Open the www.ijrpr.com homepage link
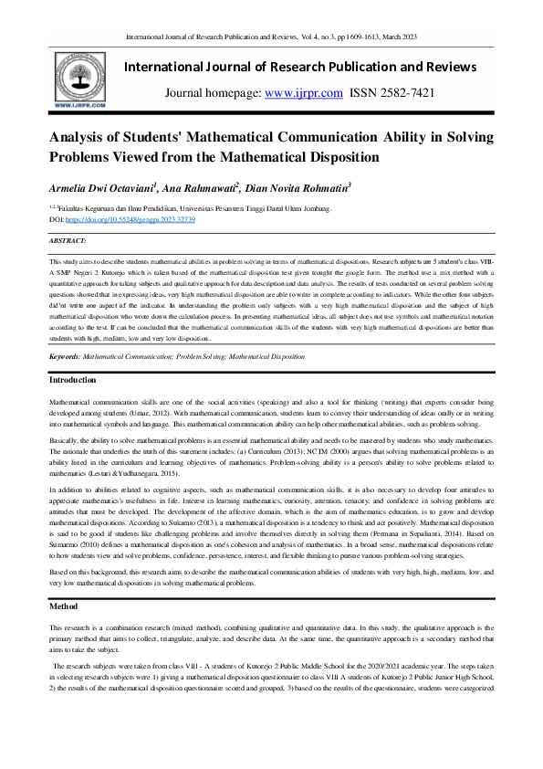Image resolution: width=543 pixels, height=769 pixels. click(304, 93)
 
